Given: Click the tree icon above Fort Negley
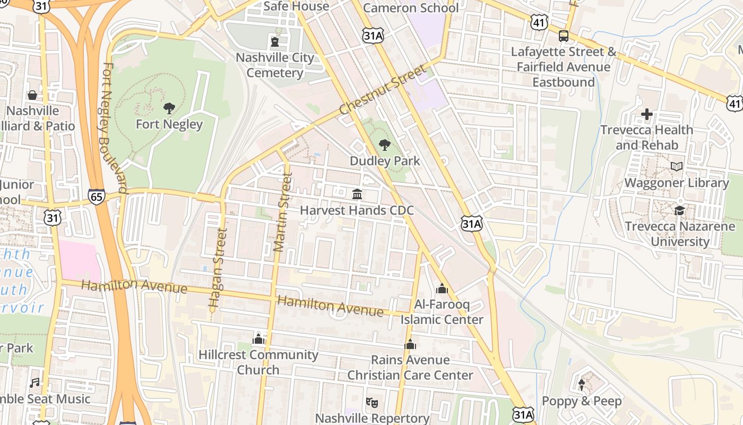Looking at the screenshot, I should pyautogui.click(x=169, y=108).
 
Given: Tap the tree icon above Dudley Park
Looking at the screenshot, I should pyautogui.click(x=385, y=144).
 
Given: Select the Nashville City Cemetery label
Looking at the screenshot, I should pyautogui.click(x=274, y=65).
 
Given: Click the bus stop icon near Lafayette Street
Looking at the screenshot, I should pyautogui.click(x=563, y=36).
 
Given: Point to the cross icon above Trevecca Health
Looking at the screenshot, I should pyautogui.click(x=646, y=114).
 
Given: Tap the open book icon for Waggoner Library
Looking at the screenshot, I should pyautogui.click(x=676, y=167).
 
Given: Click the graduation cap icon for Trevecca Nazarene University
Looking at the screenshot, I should pyautogui.click(x=679, y=210).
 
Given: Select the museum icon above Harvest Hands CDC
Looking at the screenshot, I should pyautogui.click(x=357, y=194).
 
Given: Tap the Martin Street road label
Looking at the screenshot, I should pyautogui.click(x=282, y=212).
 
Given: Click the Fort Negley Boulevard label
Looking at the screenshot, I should pyautogui.click(x=114, y=127).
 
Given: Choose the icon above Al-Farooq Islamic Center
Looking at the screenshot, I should pyautogui.click(x=442, y=289).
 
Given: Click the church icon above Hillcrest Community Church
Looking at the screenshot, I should pyautogui.click(x=258, y=338).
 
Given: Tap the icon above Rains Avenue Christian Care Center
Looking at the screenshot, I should pyautogui.click(x=410, y=344).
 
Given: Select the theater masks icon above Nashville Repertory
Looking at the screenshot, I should pyautogui.click(x=371, y=403).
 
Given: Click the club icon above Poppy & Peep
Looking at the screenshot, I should pyautogui.click(x=582, y=385).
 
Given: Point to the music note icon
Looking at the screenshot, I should pyautogui.click(x=35, y=382).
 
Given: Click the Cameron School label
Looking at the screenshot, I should pyautogui.click(x=410, y=8).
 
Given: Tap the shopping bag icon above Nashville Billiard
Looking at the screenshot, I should pyautogui.click(x=32, y=95).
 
